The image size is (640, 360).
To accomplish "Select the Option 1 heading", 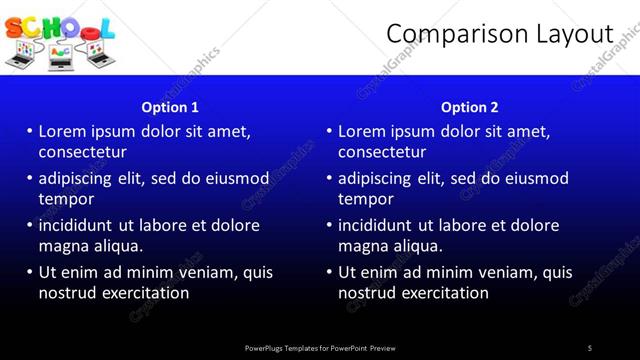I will (x=170, y=107).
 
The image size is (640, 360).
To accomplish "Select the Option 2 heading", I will (x=470, y=107).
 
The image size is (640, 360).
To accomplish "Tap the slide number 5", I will (x=590, y=348).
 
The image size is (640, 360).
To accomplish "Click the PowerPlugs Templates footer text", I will (x=320, y=348).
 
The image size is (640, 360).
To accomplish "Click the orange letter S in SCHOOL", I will (x=14, y=27).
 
